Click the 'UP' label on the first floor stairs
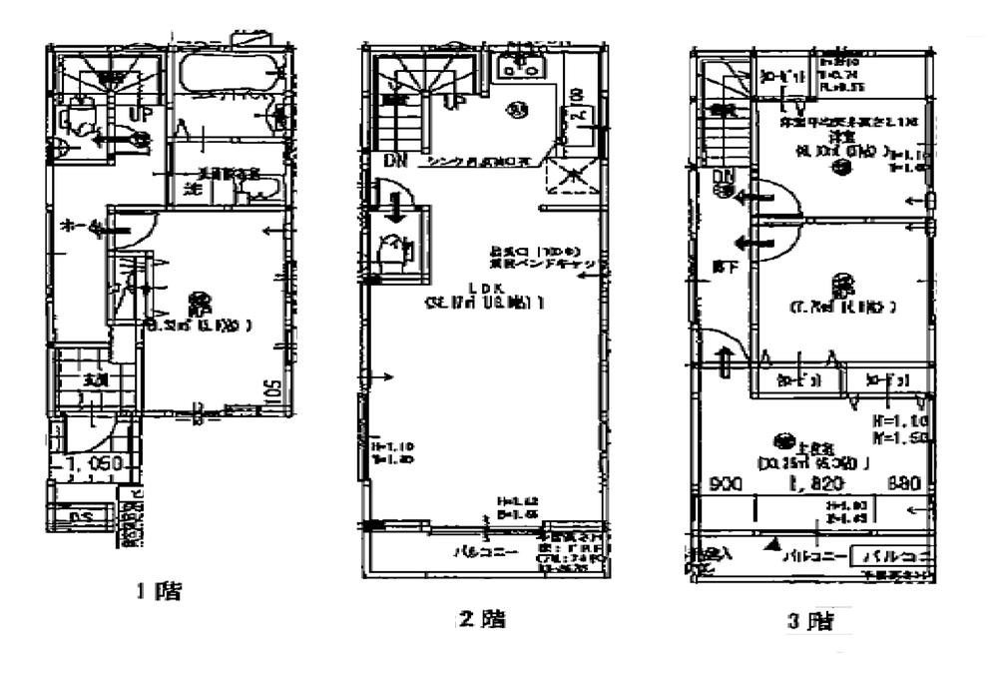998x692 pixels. pyautogui.click(x=140, y=116)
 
